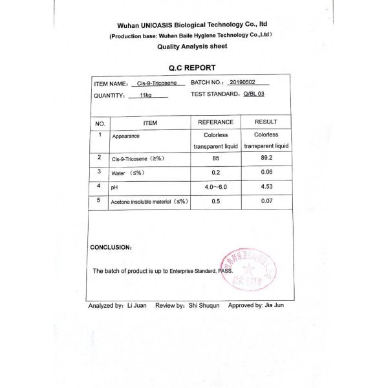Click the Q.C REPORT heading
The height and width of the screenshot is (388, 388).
192,68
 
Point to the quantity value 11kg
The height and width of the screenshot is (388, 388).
145,96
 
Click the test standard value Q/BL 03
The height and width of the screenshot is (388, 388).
254,94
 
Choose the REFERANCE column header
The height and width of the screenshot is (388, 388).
215,122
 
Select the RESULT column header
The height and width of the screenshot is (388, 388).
266,122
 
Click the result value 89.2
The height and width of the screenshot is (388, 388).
266,158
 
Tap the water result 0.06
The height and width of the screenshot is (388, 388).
266,172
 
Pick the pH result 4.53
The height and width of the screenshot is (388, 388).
266,187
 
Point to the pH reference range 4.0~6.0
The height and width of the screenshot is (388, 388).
216,187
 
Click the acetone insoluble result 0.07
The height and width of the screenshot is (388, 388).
266,202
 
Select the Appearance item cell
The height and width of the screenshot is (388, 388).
125,136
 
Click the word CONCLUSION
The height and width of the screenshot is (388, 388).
111,248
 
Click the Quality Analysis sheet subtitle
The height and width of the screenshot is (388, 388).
191,47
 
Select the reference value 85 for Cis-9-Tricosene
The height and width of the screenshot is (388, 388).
215,158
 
